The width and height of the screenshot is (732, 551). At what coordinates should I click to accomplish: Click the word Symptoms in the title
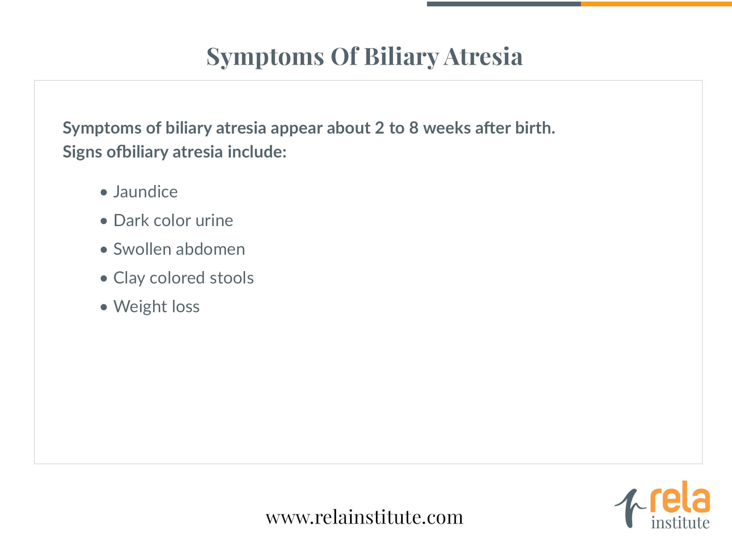pos(265,57)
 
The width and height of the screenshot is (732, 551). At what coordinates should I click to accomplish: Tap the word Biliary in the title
pos(401,57)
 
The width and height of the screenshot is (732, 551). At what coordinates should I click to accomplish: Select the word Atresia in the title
pos(483,56)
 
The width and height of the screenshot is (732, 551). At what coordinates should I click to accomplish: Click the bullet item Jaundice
pos(146,192)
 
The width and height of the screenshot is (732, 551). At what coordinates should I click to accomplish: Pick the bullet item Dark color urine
pos(173,220)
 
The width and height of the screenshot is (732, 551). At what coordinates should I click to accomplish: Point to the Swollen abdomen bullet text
pos(179,249)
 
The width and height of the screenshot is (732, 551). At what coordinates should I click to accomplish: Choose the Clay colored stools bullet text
pos(184,278)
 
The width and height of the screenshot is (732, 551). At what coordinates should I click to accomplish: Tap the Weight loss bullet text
pos(157,307)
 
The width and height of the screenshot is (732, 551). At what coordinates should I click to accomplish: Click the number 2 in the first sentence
pos(380,128)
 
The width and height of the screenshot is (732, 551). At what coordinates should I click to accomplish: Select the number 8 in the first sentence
pos(414,128)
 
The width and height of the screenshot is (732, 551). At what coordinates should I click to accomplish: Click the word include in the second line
pos(257,152)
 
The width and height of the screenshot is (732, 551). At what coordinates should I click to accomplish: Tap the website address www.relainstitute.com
pos(365,517)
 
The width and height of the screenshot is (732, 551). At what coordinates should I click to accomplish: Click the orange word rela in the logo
pos(680,497)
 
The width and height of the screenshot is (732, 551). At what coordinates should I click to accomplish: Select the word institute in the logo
pos(680,522)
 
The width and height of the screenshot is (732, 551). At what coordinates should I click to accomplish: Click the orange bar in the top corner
pos(656,4)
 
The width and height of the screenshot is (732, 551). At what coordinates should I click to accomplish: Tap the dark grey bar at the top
pos(504,4)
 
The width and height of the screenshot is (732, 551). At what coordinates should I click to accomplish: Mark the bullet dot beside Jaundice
pos(104,193)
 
